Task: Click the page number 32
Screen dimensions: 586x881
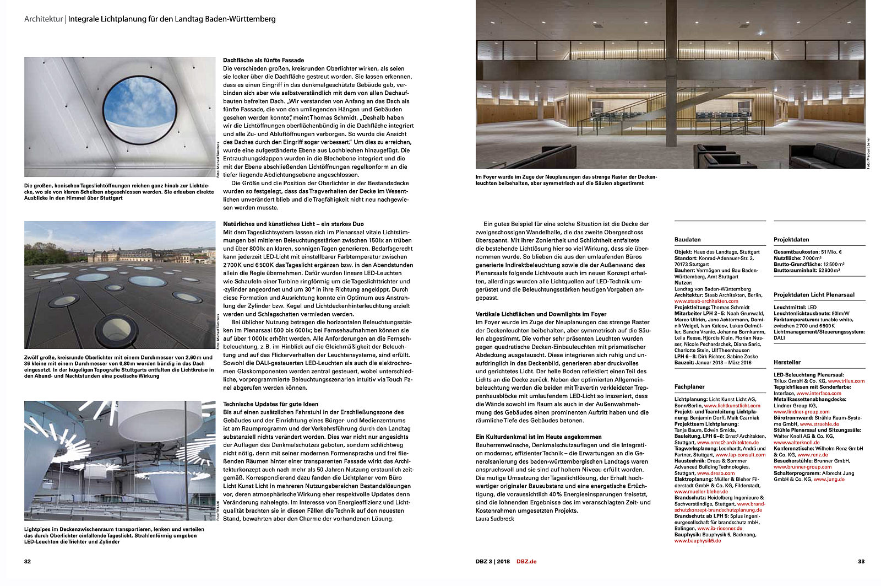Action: [28, 561]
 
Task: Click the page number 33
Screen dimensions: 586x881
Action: [861, 561]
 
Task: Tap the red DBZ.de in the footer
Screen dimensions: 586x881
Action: [526, 561]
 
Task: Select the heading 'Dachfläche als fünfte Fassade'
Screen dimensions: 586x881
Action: [263, 60]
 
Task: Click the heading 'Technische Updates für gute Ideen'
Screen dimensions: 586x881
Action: [270, 404]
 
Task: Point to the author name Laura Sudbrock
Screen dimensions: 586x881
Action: [494, 519]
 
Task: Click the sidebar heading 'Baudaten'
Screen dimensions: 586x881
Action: [687, 240]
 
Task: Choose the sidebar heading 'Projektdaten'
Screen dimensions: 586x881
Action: [791, 240]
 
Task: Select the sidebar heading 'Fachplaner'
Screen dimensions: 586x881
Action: [689, 387]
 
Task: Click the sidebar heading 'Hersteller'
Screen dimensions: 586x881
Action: [787, 362]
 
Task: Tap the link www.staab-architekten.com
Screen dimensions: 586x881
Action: [706, 301]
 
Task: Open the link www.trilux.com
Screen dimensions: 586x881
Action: [846, 381]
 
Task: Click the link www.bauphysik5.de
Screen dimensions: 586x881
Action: [697, 541]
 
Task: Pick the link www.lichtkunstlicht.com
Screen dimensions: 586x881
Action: [732, 406]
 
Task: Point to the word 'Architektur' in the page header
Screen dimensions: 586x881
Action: [43, 19]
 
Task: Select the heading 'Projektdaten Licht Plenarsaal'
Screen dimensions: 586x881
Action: [814, 295]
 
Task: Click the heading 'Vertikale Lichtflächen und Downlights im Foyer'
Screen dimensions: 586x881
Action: [541, 314]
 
